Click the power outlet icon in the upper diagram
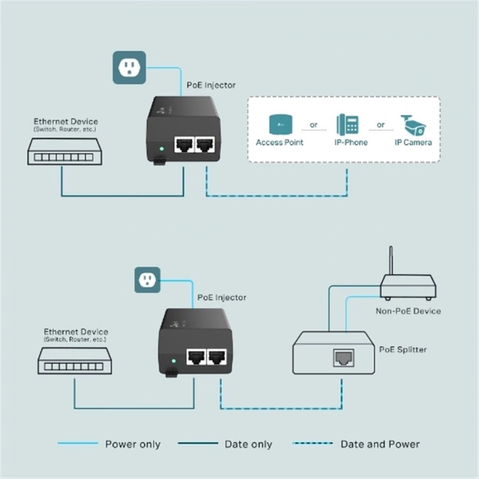(129, 67)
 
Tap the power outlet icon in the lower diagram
(147, 279)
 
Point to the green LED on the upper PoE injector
(161, 148)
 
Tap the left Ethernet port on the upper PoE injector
(183, 144)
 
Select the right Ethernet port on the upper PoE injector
(205, 144)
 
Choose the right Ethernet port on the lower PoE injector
(217, 356)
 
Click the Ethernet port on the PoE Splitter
(343, 357)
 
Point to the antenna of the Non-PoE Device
(390, 260)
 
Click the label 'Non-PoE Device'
(408, 311)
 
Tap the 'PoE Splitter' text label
(402, 350)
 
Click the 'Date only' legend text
(248, 444)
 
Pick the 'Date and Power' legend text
(380, 444)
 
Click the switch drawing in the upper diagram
(64, 151)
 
